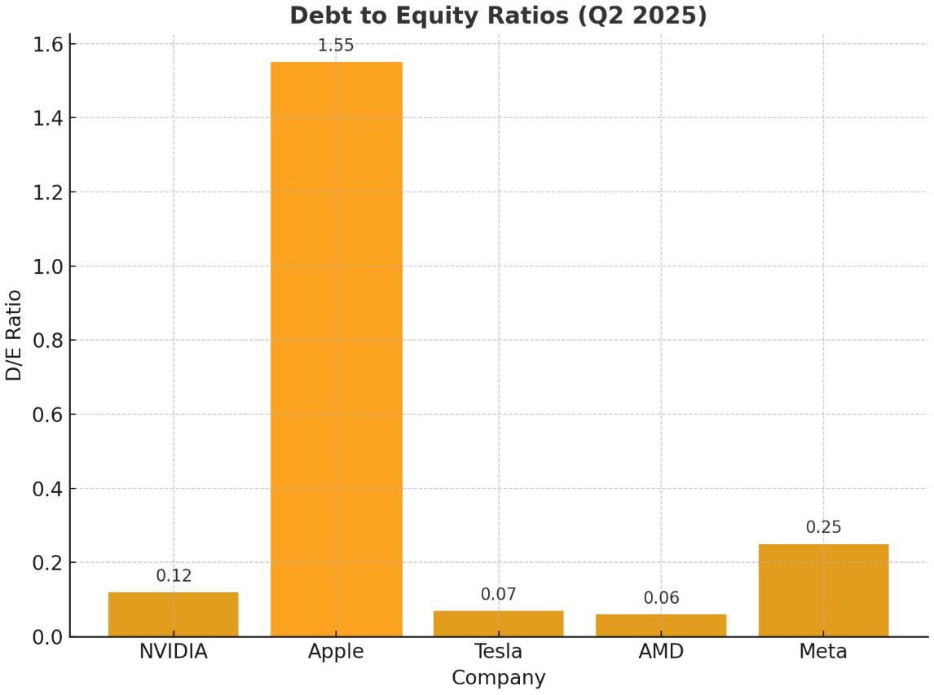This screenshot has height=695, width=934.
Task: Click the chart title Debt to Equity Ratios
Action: tap(498, 15)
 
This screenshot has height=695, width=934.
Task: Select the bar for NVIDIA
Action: tap(174, 614)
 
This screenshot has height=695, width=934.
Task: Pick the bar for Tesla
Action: tap(498, 623)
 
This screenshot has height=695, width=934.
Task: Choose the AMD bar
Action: tap(661, 625)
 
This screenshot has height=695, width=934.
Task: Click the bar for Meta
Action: tap(823, 590)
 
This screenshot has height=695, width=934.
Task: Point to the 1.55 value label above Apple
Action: tap(336, 46)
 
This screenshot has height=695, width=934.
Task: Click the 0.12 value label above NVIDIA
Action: tap(174, 576)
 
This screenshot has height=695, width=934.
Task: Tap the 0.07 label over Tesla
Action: tap(498, 595)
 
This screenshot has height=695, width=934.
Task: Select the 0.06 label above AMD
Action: tap(661, 598)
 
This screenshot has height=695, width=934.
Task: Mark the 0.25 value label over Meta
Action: tap(823, 527)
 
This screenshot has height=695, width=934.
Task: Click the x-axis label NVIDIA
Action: tap(174, 652)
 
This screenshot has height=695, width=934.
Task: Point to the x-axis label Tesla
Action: tap(498, 652)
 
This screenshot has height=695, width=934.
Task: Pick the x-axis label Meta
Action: tap(823, 652)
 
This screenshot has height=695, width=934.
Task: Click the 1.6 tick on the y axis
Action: tap(47, 44)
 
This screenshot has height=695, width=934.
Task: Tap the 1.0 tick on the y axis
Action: tap(47, 266)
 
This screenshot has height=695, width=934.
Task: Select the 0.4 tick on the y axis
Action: tap(47, 489)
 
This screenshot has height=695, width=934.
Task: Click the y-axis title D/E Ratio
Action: tap(15, 335)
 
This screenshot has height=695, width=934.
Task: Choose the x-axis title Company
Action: tap(498, 678)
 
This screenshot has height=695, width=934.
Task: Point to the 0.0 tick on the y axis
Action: tap(47, 637)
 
